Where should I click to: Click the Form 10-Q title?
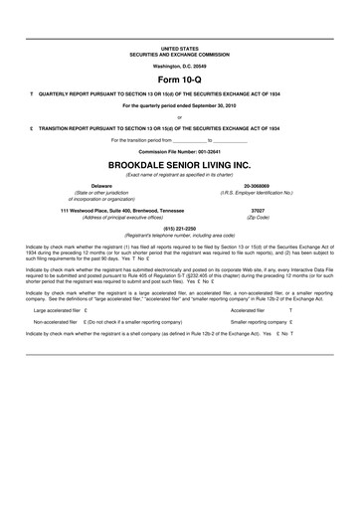[x=179, y=77]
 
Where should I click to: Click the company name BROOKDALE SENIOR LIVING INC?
[x=179, y=162]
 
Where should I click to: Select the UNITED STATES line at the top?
[x=179, y=47]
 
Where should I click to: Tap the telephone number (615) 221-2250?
[x=179, y=228]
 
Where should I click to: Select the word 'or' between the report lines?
[x=179, y=116]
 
